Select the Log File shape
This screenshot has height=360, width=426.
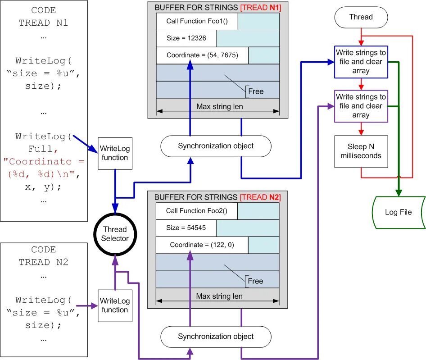398,212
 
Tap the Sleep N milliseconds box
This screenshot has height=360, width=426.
361,151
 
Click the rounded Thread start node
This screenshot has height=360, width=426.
361,17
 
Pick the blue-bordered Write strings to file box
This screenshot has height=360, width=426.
361,62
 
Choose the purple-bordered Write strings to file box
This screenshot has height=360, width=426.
361,106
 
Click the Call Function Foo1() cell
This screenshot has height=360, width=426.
197,21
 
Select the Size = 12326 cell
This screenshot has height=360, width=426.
186,38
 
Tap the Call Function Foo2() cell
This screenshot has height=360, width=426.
197,211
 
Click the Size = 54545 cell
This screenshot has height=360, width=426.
186,228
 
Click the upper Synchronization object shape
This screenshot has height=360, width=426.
216,146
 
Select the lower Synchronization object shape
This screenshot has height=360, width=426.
216,337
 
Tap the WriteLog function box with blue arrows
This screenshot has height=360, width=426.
115,153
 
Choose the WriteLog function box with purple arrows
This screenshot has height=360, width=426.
115,305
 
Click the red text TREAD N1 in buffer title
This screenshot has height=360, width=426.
261,8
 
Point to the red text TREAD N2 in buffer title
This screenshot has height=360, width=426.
260,197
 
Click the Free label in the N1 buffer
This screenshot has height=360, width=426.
256,91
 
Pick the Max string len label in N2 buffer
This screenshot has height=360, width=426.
219,296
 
